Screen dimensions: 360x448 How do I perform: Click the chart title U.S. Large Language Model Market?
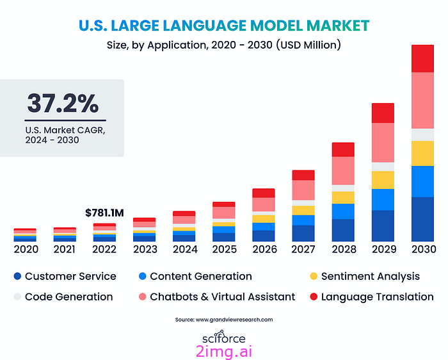click(224, 26)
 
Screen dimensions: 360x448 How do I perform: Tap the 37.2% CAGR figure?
click(63, 103)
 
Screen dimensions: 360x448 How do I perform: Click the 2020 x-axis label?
click(26, 249)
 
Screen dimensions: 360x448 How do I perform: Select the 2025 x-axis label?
click(223, 249)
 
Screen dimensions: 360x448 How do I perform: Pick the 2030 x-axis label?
click(422, 249)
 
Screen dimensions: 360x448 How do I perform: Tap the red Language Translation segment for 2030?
click(422, 58)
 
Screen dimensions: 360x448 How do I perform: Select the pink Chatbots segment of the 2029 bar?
click(383, 142)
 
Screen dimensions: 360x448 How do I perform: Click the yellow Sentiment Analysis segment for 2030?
click(422, 153)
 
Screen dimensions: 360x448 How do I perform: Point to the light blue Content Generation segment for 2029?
click(383, 199)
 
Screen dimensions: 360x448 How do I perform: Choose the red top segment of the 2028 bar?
click(343, 149)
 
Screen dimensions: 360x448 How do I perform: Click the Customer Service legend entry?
click(65, 276)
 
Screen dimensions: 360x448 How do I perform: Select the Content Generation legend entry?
click(195, 276)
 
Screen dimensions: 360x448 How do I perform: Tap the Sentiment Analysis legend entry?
click(364, 276)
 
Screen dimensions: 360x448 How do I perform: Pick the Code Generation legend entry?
click(63, 297)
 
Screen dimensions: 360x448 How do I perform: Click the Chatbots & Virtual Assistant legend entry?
click(216, 297)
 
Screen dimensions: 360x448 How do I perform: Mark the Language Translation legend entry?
click(371, 297)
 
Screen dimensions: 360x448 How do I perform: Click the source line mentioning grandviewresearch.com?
click(224, 319)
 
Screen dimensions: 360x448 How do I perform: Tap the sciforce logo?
click(224, 338)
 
